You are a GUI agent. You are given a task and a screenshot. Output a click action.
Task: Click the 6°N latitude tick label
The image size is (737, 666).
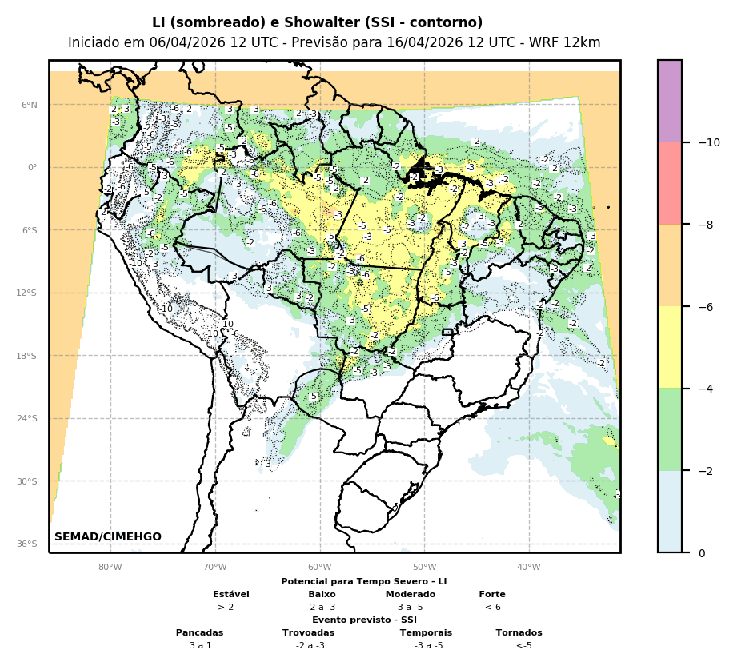click(29, 105)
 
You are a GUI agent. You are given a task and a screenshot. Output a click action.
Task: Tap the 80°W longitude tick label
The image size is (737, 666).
click(110, 568)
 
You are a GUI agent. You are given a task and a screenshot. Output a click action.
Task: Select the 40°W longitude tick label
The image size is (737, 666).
click(528, 568)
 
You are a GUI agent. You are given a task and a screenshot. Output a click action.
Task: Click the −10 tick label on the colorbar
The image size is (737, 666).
click(708, 143)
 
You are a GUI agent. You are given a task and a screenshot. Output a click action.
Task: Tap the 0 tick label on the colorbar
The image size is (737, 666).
click(702, 553)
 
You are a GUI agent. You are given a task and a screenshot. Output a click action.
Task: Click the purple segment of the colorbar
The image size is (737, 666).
click(670, 101)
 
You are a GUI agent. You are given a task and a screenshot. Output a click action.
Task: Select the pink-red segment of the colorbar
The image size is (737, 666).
click(670, 183)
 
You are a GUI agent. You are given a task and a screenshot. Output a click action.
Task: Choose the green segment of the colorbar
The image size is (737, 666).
click(670, 429)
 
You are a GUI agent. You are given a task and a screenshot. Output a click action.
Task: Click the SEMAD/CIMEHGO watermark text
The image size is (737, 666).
click(108, 536)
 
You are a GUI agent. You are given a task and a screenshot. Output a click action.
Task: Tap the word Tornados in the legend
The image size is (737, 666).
click(519, 632)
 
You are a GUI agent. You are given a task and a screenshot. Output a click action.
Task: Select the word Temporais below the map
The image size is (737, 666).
click(426, 632)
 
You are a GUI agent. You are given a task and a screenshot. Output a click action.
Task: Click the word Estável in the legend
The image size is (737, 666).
click(231, 594)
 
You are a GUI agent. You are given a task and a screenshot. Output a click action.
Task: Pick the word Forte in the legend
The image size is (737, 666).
click(492, 594)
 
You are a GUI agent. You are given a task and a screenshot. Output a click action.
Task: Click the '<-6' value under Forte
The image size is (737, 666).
click(492, 607)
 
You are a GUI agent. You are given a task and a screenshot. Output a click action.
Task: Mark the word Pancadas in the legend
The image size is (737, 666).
click(200, 632)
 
